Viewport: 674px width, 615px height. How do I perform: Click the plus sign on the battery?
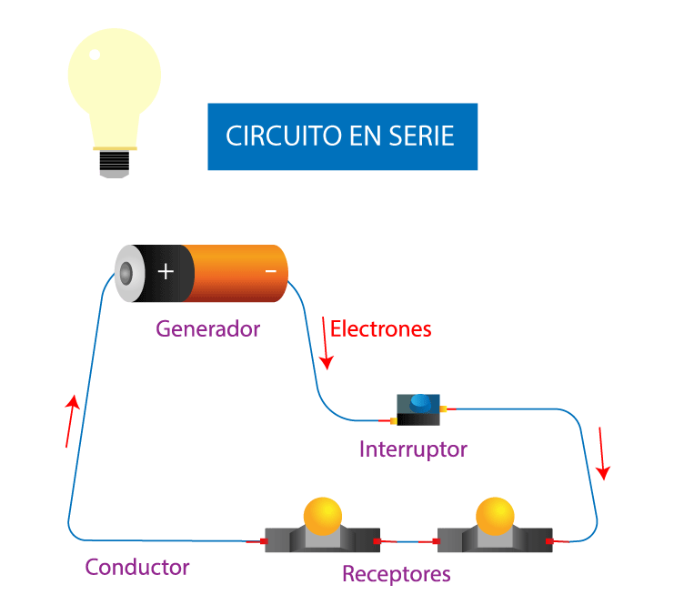[166, 271]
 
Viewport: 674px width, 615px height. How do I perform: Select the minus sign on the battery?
[270, 271]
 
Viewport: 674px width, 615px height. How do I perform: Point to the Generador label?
[207, 328]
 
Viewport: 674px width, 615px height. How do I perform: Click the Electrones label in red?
[380, 328]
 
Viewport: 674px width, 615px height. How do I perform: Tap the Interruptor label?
[413, 449]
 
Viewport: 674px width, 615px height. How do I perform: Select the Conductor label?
[137, 567]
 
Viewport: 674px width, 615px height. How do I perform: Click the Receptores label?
[396, 574]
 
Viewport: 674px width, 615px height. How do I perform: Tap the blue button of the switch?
[419, 401]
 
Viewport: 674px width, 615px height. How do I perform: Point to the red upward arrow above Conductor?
[71, 421]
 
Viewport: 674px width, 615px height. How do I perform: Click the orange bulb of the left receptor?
[322, 514]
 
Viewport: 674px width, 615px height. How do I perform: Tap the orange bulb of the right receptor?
[495, 514]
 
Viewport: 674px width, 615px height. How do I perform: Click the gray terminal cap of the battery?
[126, 272]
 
